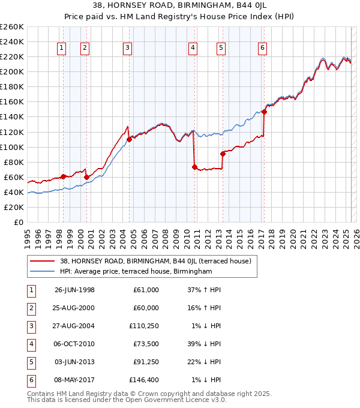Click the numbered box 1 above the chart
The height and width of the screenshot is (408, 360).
62,49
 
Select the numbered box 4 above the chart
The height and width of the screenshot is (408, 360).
193,49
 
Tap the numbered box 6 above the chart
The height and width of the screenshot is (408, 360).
263,49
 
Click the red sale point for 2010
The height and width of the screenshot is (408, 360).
194,167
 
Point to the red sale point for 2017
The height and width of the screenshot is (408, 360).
264,112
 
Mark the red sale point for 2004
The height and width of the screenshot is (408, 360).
129,139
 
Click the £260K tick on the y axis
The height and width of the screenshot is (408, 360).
11,27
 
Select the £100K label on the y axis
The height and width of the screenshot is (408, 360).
11,147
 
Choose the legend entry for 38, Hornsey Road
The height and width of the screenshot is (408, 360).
159,262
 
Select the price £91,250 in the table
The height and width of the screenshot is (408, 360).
144,362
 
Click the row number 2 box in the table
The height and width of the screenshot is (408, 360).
29,308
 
